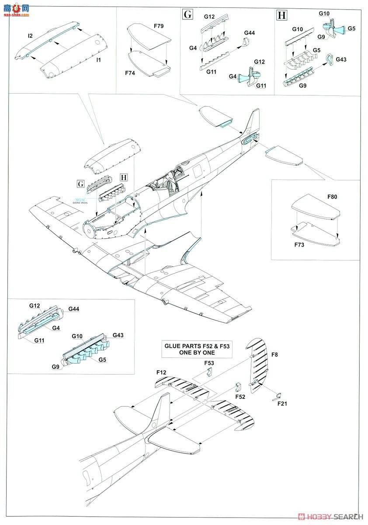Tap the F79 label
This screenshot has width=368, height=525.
(x=159, y=26)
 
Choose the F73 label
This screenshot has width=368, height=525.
(x=299, y=245)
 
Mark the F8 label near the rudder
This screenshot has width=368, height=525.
(x=274, y=355)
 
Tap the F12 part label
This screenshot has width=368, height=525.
(x=161, y=372)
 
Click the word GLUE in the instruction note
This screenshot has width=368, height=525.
(x=172, y=346)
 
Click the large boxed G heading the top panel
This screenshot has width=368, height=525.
(x=187, y=14)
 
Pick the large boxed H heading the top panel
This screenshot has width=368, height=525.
(x=282, y=16)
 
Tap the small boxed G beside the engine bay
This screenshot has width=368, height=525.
(x=80, y=184)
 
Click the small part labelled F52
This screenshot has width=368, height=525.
(x=237, y=386)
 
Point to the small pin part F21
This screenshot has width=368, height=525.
(x=275, y=397)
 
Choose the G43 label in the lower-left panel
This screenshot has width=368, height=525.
(x=118, y=336)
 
